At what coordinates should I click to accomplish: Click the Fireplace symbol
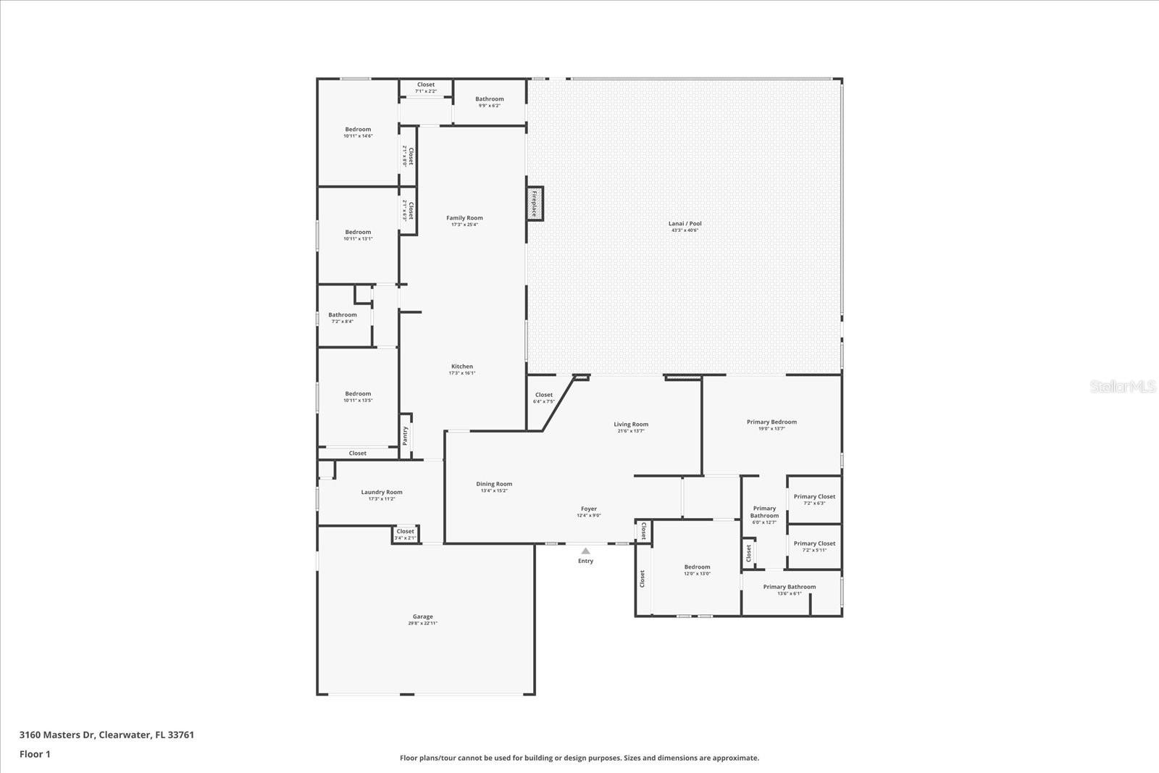click(x=535, y=204)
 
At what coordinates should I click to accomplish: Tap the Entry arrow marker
click(x=585, y=551)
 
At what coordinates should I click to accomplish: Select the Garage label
click(x=423, y=617)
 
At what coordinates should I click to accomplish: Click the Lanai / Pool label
click(x=685, y=223)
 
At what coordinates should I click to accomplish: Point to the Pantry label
click(x=406, y=435)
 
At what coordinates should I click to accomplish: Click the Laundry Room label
click(x=382, y=492)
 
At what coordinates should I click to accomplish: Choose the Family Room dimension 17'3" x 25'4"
click(x=464, y=225)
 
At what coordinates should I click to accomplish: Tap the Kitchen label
click(x=462, y=367)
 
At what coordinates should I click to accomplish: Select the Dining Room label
click(x=494, y=484)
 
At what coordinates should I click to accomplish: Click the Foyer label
click(x=589, y=509)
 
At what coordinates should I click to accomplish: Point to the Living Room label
click(x=631, y=425)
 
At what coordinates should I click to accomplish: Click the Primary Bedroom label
click(x=771, y=422)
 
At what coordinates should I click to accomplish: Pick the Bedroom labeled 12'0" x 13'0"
click(x=697, y=567)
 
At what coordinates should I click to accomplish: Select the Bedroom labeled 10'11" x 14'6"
click(x=358, y=130)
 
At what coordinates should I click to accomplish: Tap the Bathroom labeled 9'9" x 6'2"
click(x=490, y=99)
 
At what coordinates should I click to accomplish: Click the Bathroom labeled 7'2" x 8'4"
click(x=343, y=315)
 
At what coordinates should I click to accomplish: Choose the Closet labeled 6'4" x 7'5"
click(x=544, y=395)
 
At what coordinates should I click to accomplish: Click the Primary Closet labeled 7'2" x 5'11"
click(x=814, y=543)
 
